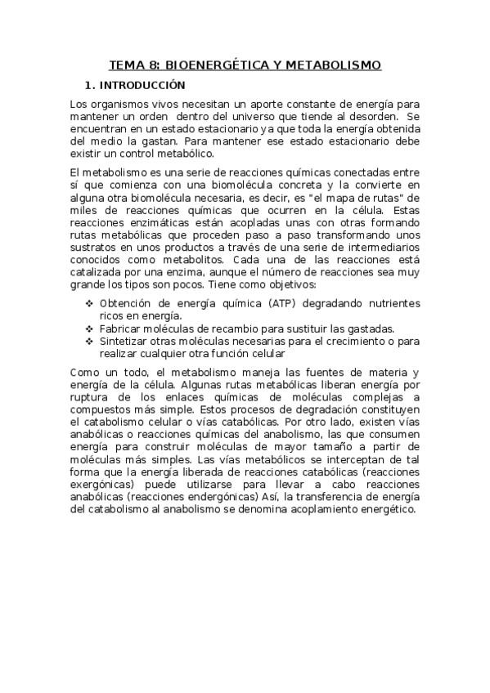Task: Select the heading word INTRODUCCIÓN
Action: coord(144,85)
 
